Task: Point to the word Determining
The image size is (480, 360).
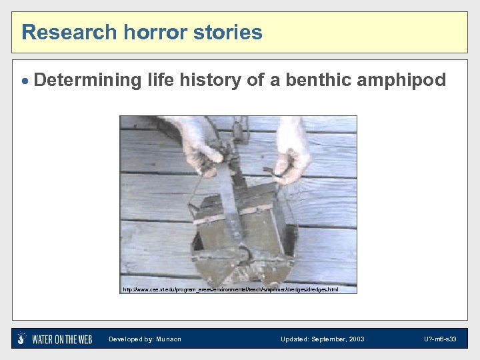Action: click(87, 81)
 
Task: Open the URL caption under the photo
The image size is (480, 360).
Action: click(230, 289)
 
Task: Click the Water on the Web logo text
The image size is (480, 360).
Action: click(62, 339)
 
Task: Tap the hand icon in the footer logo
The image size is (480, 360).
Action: click(22, 339)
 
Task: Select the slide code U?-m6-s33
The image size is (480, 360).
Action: click(439, 339)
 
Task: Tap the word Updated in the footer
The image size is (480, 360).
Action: click(294, 339)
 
